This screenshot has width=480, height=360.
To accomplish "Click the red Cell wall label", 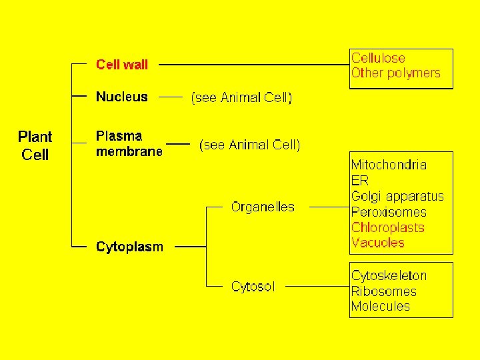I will point(122,65).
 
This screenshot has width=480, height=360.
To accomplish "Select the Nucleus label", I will point(122,97).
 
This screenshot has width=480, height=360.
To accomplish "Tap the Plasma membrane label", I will point(129,143).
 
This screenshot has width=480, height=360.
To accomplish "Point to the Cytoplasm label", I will point(129,247).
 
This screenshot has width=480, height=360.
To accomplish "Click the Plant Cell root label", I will point(35,145).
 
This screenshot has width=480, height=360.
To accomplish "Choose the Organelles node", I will point(262,207).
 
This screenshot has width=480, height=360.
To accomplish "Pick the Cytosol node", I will point(253,287).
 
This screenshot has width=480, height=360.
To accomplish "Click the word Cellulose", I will point(378,58).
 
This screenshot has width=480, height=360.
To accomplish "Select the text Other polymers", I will point(395,73).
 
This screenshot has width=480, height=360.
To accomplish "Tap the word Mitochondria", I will point(389,165).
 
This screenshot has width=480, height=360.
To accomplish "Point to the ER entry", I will point(359,180).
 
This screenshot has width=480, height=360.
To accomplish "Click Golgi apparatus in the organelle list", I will point(397,196).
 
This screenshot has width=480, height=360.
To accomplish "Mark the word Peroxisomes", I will point(388,212).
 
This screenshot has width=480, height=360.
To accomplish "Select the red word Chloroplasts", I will point(387,227).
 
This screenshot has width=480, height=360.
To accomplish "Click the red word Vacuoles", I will point(377,243).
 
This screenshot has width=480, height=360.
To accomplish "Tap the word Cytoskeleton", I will point(389,275).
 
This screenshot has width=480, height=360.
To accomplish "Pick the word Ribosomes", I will point(383,291).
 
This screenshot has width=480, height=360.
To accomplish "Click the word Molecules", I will point(380,307).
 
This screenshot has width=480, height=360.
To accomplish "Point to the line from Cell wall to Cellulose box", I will point(253,65).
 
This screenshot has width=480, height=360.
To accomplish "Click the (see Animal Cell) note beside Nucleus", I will point(241,97).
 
